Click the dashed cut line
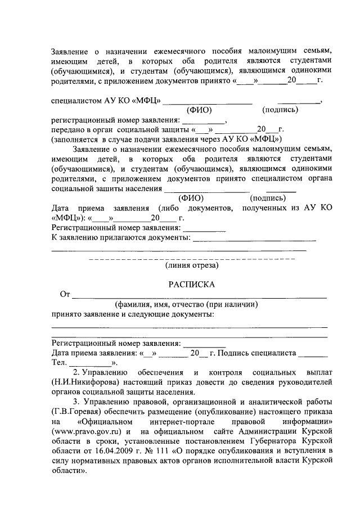pyautogui.click(x=192, y=258)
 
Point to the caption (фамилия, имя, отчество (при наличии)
pyautogui.click(x=186, y=304)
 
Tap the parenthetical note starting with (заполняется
pyautogui.click(x=166, y=138)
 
